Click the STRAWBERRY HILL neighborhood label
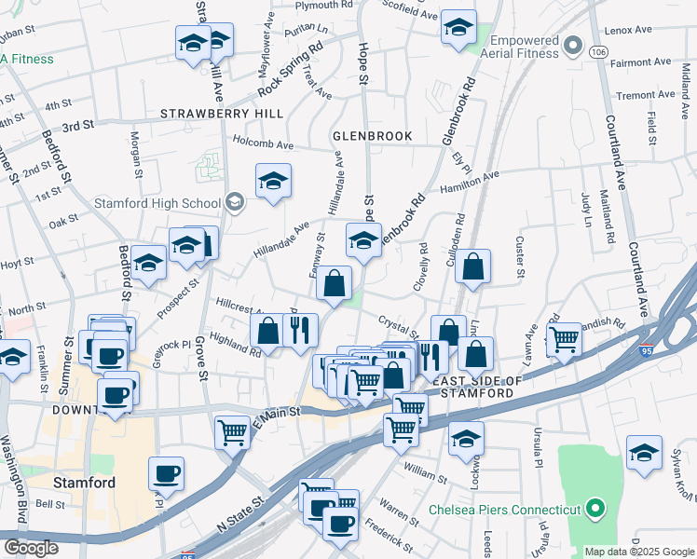pos(222,113)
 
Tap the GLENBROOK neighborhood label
pos(373,136)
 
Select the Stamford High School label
pos(157,203)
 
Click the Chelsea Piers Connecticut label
pos(504,510)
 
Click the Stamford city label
pos(84,483)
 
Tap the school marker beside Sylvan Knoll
pos(644,451)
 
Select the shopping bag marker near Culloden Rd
pos(474,266)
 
